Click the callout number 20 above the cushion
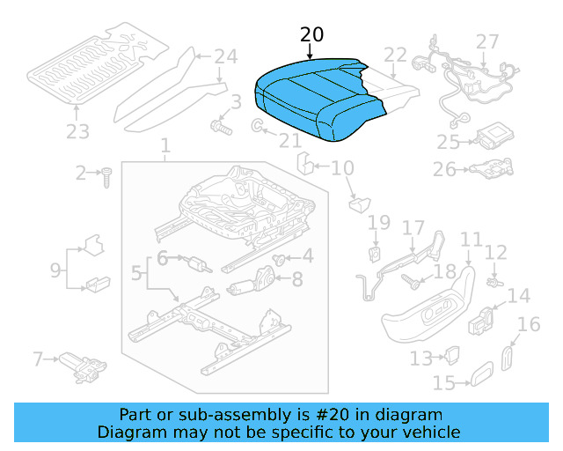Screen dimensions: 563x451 (311, 34)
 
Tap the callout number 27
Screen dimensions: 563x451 (486, 41)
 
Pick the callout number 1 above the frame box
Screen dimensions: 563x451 (165, 144)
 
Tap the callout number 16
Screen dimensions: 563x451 (529, 325)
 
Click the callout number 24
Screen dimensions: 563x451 (226, 57)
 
